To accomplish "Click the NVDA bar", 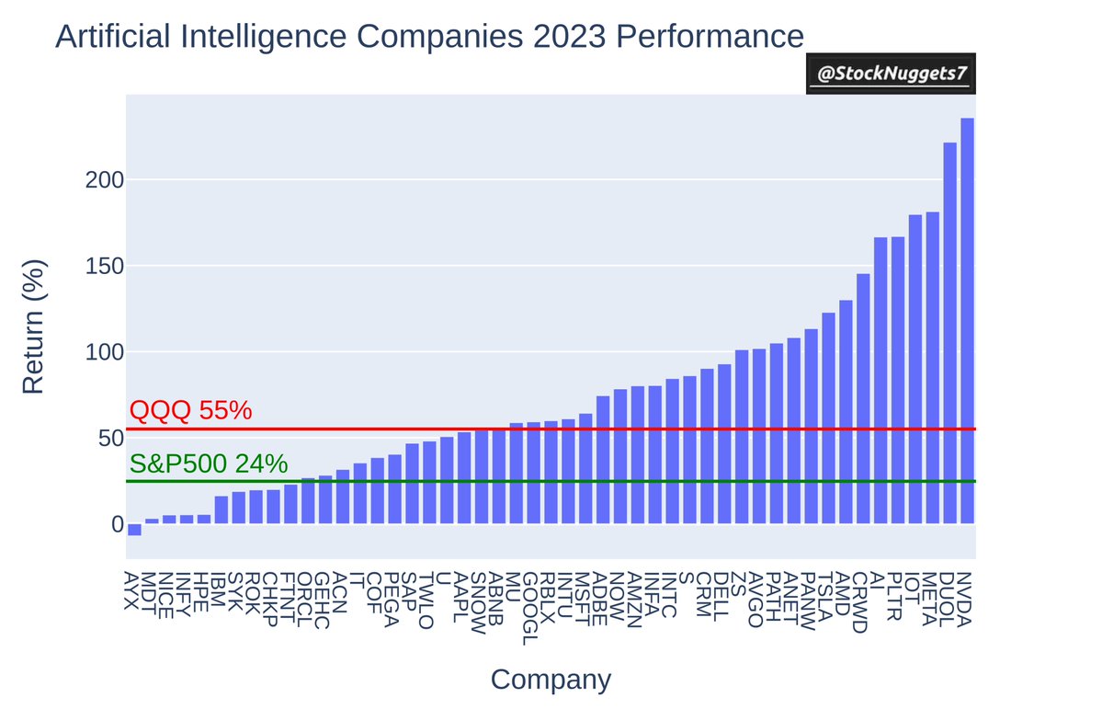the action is pos(967,321).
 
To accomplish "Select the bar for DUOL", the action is pos(950,334).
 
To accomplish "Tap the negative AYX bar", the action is pos(134,530).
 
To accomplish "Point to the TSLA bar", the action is pos(829,418).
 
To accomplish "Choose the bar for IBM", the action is pos(222,510).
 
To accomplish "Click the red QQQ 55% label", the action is pos(190,410).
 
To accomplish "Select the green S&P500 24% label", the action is pos(209,463).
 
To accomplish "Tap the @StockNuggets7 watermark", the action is pos(892,74).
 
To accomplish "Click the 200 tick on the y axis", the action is pos(104,180).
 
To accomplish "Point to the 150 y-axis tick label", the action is pos(104,266).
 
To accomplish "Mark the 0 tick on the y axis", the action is pos(118,524).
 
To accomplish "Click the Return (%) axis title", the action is pos(33,326).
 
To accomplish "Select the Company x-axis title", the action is pos(551,680).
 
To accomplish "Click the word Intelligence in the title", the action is pos(264,38).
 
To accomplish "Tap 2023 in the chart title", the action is pos(569,37).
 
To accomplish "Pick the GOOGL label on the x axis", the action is pos(530,609).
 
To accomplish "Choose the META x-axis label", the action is pos(929,599).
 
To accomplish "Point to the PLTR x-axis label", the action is pos(894,597).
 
